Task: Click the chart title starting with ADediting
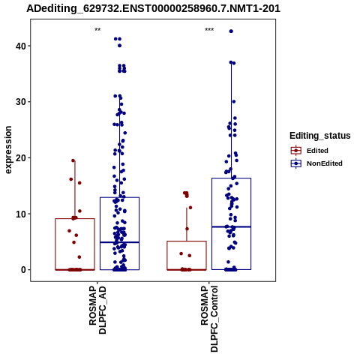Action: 153,8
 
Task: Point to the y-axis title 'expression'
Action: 8,150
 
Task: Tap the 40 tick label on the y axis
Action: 21,46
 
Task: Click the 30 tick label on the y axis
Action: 21,102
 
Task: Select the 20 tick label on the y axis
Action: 21,157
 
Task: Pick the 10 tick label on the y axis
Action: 21,214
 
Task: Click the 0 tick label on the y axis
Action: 23,270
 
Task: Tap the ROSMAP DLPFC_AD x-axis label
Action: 97,310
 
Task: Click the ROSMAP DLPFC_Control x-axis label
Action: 209,319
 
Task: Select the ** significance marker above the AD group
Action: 97,30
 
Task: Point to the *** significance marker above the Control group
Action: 209,30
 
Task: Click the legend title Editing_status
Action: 320,136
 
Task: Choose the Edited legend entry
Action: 309,151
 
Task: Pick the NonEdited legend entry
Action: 316,163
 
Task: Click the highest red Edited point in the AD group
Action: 73,160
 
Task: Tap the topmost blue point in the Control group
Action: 231,31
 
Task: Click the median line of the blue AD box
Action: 119,242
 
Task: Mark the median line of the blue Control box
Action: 231,226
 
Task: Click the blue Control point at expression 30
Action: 234,101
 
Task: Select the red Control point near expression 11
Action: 190,208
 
